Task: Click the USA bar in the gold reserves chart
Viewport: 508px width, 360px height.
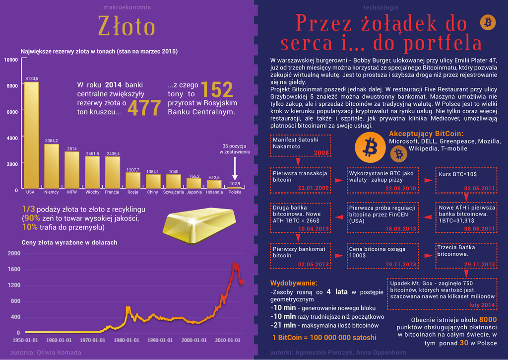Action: coord(31,134)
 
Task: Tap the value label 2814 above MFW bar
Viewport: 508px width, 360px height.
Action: coord(72,148)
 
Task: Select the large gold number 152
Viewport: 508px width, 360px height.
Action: coord(217,90)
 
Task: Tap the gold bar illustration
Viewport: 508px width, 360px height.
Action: coord(201,224)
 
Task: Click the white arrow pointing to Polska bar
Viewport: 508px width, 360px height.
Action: coord(235,170)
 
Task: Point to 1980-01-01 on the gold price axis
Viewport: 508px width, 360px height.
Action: coord(127,340)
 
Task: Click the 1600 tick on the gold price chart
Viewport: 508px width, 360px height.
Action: coord(14,269)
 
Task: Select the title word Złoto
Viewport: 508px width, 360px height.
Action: coord(127,26)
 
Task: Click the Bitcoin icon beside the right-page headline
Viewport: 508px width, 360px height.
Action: coord(488,22)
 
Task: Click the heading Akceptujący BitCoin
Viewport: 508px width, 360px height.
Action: coord(426,134)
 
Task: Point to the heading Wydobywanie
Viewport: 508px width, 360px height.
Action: coord(294,283)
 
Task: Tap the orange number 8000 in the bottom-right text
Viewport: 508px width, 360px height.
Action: coord(488,319)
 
